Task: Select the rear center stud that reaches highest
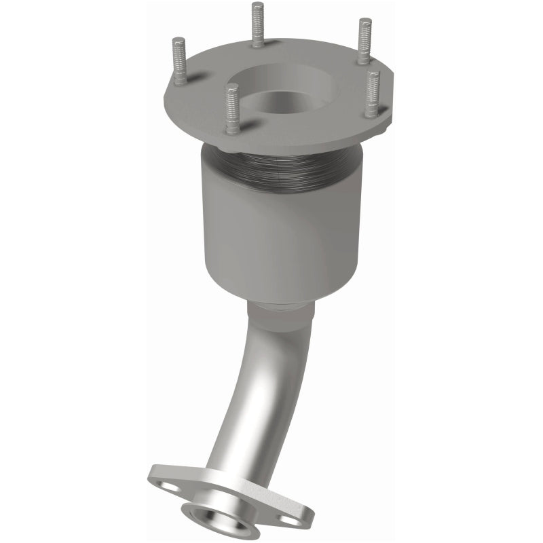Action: [257, 25]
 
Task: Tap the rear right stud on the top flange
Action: [364, 41]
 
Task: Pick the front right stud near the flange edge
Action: [373, 94]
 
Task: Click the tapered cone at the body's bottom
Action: [285, 288]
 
